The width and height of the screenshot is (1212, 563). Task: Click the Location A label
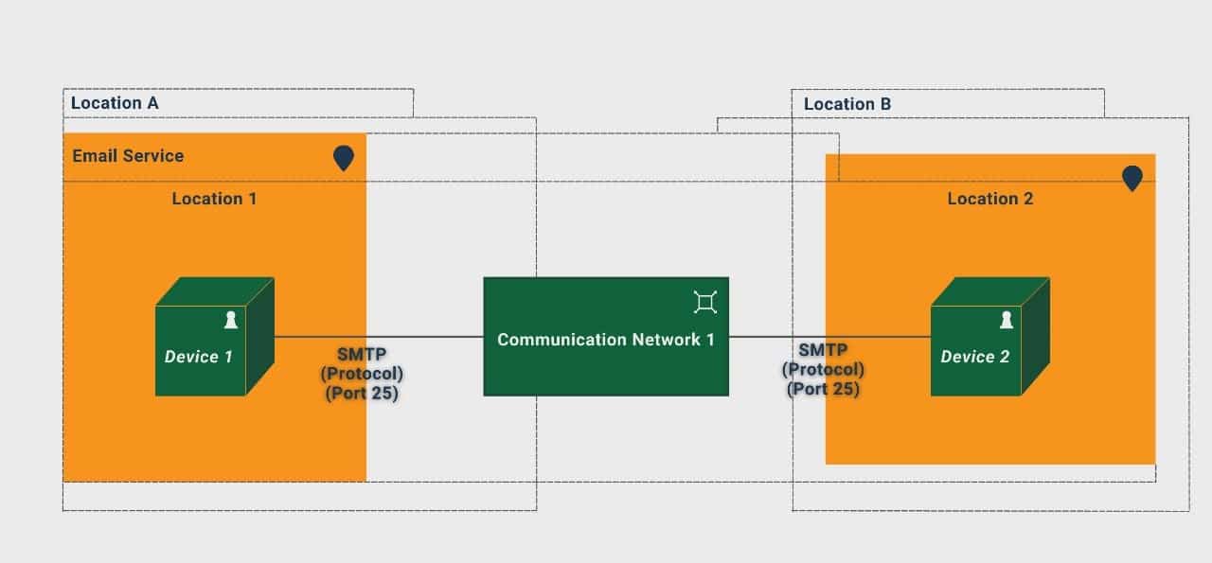(x=115, y=102)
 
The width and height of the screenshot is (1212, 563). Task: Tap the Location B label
(x=847, y=104)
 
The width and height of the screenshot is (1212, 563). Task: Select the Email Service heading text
(x=128, y=156)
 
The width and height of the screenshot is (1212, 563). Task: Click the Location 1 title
(x=214, y=199)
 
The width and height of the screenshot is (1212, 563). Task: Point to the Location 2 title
(x=990, y=199)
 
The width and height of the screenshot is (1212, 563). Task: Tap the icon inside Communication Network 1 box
(x=704, y=302)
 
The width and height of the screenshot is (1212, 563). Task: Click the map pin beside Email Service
(x=343, y=157)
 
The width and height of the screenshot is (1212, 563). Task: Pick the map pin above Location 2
(x=1132, y=178)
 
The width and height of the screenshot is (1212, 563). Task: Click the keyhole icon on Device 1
(x=230, y=321)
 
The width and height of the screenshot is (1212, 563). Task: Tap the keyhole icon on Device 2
(x=1007, y=321)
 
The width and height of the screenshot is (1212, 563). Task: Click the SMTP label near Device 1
(x=361, y=355)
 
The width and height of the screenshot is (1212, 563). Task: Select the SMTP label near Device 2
(x=822, y=350)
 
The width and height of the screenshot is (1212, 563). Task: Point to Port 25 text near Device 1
(x=361, y=393)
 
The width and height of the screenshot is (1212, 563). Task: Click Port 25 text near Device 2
(x=823, y=388)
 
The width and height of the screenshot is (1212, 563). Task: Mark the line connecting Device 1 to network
(x=379, y=336)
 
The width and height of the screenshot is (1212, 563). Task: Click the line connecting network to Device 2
(x=829, y=336)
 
